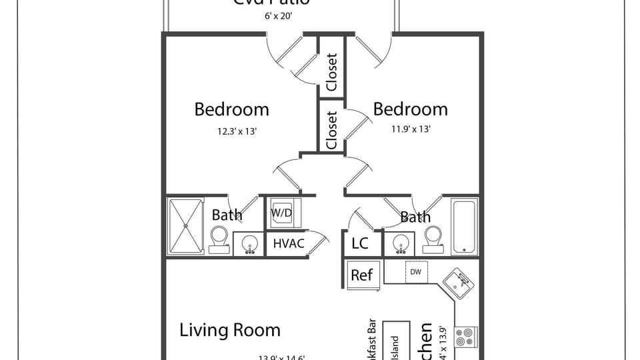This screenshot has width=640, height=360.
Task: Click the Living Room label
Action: [x=230, y=330]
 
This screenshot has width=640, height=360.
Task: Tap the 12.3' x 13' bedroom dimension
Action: [x=237, y=131]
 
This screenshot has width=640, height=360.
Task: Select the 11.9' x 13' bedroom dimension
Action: [x=411, y=129]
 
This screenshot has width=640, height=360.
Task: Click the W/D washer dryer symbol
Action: [x=285, y=213]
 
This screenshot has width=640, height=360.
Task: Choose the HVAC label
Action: [x=289, y=243]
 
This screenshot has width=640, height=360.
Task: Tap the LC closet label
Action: [x=360, y=243]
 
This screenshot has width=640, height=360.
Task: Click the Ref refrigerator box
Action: [x=363, y=274]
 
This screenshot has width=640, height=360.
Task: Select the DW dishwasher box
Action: [x=415, y=272]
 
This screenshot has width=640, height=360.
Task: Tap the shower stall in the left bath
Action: [x=186, y=226]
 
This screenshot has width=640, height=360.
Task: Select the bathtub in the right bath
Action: [x=465, y=226]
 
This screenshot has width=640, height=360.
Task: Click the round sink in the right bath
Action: [x=401, y=244]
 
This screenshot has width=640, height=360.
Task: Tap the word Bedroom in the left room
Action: [x=231, y=109]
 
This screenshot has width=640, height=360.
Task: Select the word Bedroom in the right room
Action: [x=410, y=109]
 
